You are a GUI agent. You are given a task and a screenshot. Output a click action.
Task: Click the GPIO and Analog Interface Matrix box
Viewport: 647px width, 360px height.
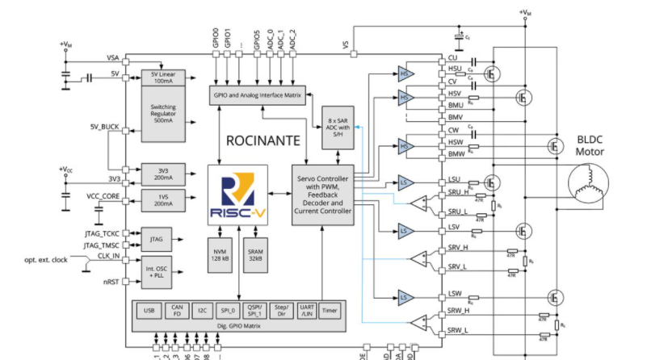point(256,94)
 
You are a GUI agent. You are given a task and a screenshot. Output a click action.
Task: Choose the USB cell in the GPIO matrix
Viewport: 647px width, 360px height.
point(149,310)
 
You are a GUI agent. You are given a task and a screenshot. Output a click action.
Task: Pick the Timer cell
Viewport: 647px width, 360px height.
point(330,310)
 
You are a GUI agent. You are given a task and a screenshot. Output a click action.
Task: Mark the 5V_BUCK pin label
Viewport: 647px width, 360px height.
point(103,128)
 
